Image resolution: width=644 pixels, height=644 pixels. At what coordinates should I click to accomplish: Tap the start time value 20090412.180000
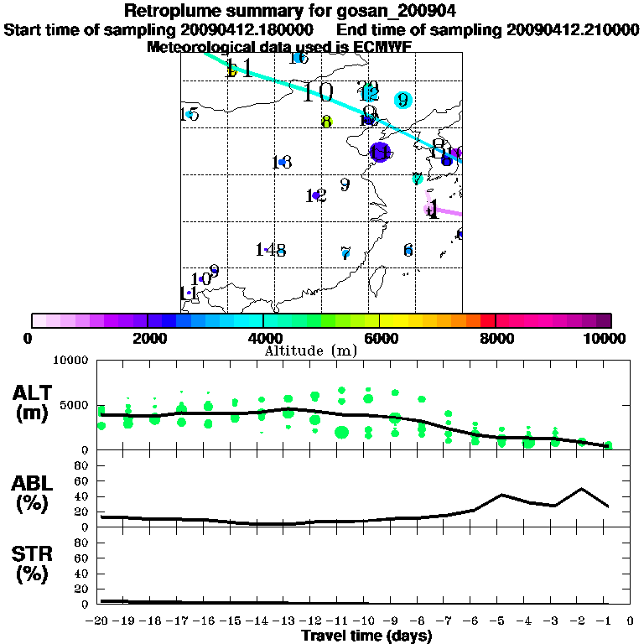[252, 29]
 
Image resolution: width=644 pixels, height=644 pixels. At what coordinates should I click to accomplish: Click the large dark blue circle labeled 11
[380, 153]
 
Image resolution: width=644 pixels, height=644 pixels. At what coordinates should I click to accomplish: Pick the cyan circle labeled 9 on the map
[402, 100]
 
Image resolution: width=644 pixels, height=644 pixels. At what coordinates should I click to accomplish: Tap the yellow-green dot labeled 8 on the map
[326, 122]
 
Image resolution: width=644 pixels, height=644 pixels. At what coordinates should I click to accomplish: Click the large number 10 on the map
[317, 92]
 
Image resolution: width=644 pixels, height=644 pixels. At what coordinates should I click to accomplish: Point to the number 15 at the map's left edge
[190, 114]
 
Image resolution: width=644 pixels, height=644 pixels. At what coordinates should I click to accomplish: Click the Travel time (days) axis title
[366, 636]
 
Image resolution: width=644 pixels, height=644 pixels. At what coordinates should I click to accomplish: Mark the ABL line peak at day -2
[582, 488]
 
